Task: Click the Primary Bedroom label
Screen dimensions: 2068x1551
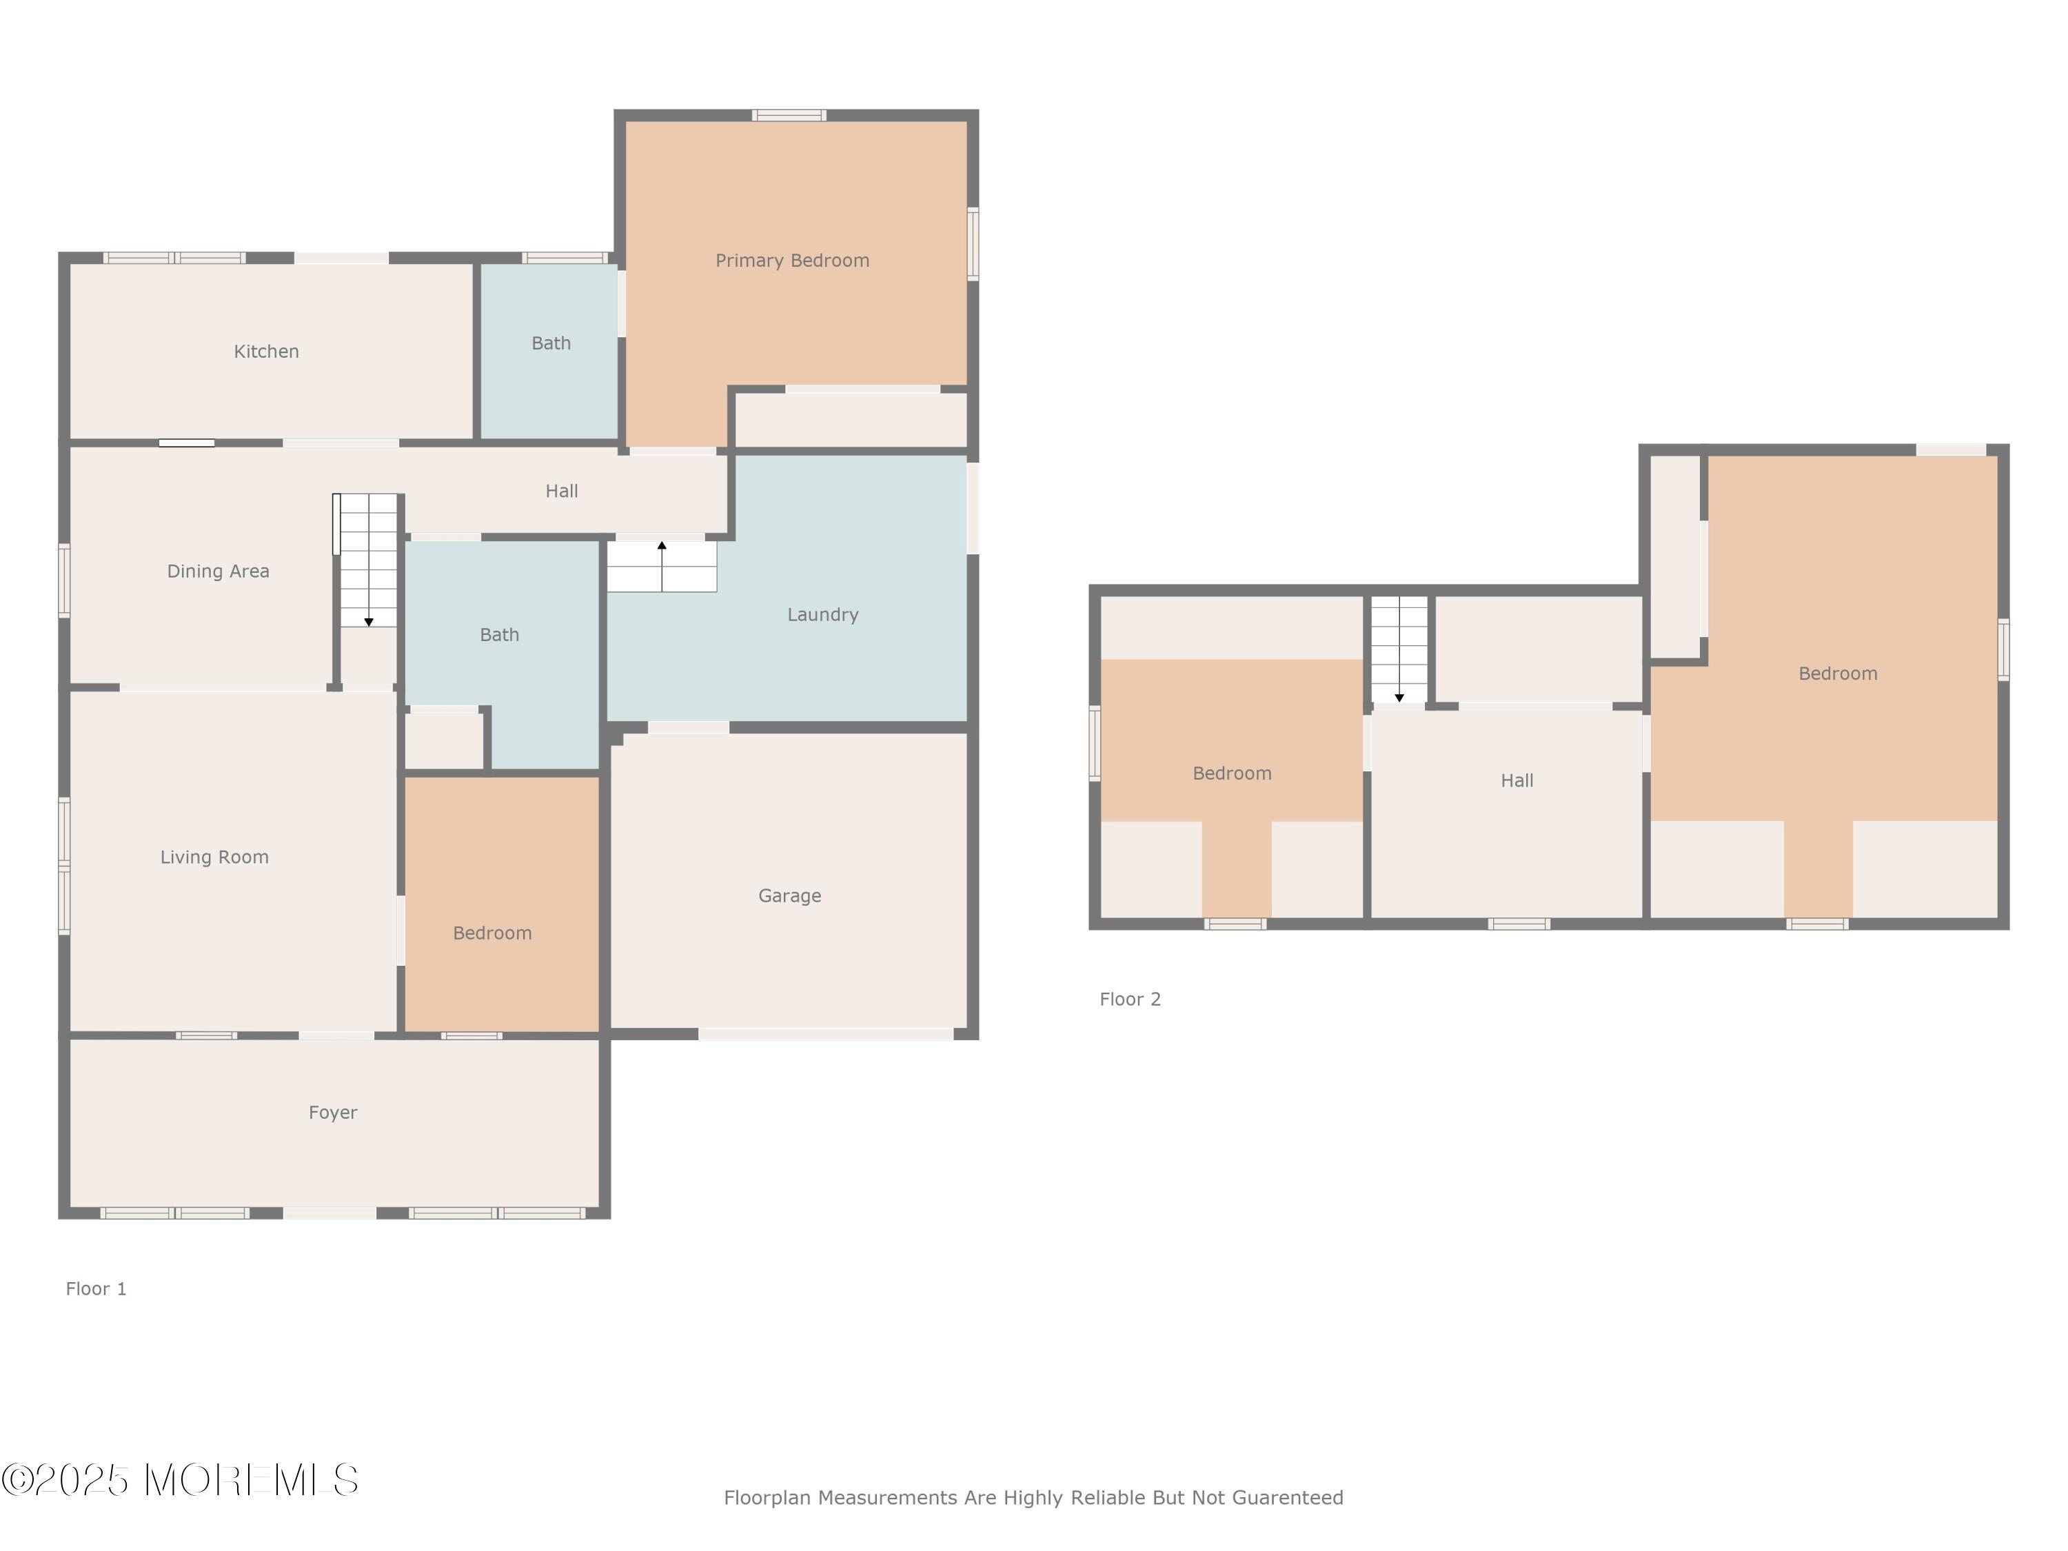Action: pos(792,261)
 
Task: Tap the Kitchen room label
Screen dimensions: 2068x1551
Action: pos(267,352)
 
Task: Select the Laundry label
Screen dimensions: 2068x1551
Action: pos(822,615)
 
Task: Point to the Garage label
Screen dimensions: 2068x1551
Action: pos(790,895)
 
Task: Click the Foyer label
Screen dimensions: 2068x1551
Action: pos(333,1113)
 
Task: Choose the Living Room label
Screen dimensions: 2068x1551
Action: pos(214,858)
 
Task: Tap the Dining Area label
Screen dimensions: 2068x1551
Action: pos(218,571)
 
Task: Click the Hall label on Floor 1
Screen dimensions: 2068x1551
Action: pos(562,491)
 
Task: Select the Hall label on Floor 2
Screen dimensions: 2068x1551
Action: pos(1517,780)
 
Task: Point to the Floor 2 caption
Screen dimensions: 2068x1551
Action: pos(1131,1000)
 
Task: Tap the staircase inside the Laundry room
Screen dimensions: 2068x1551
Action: pos(662,567)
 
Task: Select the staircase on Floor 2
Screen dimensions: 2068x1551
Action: pos(1399,649)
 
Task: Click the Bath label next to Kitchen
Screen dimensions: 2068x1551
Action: pos(551,343)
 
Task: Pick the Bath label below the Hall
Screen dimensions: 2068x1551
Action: pos(499,635)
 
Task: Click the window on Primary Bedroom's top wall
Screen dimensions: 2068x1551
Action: pos(789,115)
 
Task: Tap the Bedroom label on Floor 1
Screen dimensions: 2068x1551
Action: pos(493,933)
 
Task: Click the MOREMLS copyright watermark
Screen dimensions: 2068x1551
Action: pos(179,1480)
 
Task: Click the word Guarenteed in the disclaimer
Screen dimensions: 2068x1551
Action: pos(1288,1498)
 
